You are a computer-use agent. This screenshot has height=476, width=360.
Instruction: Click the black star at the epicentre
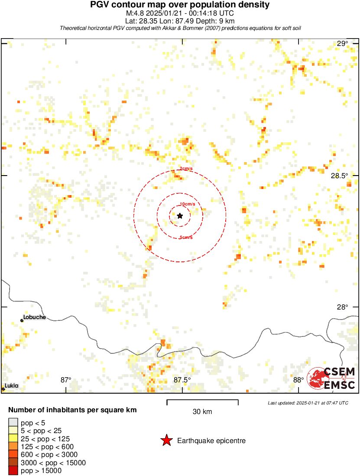point(180,215)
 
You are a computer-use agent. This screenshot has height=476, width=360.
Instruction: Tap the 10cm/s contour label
point(187,204)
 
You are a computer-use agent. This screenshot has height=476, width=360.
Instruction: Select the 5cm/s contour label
point(186,237)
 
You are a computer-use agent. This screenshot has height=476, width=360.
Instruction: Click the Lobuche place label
point(34,317)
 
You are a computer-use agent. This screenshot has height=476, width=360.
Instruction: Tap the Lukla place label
point(12,385)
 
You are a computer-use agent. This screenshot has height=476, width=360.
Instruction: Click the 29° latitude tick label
point(343,43)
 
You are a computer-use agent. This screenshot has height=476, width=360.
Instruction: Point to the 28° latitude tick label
point(343,307)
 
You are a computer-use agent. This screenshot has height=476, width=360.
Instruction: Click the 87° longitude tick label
point(66,380)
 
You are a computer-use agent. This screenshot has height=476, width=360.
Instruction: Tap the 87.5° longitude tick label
point(182,380)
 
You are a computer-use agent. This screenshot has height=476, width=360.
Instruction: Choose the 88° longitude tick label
point(298,380)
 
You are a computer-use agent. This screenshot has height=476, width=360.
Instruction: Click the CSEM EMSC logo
point(331,378)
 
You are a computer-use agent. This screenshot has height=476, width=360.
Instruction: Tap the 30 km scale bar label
point(202,412)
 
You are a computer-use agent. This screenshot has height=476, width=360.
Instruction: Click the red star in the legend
point(166,441)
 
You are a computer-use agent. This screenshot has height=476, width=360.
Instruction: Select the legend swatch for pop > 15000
point(13,470)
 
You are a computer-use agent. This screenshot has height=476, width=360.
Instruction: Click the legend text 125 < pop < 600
point(47,447)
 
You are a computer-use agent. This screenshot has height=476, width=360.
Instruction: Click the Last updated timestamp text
point(308,403)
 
